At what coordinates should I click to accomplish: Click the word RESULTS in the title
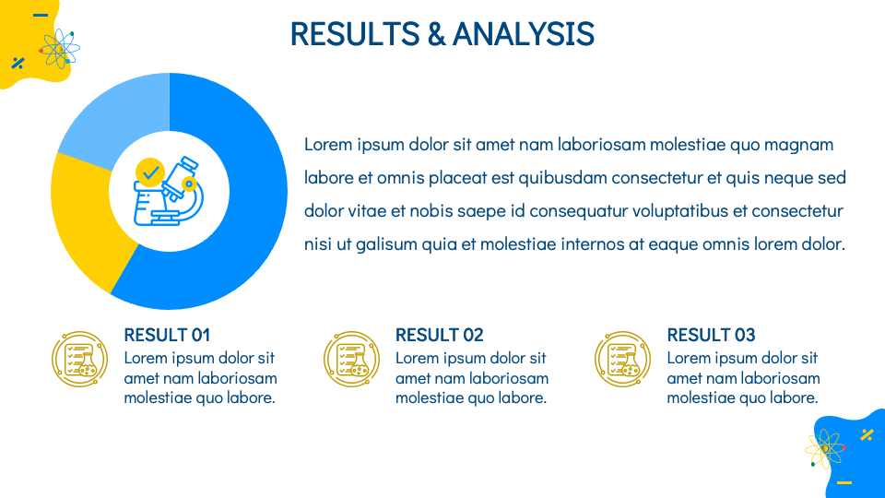click(355, 33)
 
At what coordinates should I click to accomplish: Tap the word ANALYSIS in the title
click(524, 33)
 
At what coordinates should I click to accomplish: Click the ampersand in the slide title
click(436, 33)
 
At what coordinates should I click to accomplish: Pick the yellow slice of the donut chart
click(85, 220)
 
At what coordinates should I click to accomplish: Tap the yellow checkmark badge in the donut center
click(150, 172)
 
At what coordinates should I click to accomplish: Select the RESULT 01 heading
click(167, 335)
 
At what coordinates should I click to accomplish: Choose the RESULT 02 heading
click(439, 335)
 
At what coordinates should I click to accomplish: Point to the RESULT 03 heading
click(711, 335)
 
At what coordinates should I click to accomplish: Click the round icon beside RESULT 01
click(79, 359)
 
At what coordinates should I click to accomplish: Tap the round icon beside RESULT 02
click(351, 359)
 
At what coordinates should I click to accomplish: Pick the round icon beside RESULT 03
click(622, 359)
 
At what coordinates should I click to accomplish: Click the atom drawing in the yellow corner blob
click(59, 49)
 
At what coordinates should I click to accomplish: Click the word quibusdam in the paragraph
click(562, 178)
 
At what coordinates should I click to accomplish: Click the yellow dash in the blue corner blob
click(844, 482)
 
